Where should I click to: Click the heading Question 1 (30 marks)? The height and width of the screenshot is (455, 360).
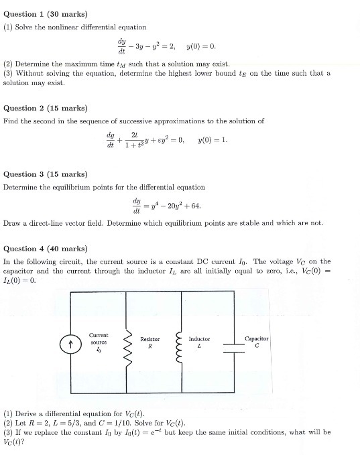[46, 13]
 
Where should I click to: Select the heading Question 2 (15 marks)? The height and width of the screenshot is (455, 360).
[46, 108]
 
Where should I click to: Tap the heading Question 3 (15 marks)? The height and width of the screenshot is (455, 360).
[46, 174]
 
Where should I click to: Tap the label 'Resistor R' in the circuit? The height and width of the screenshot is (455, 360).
[149, 343]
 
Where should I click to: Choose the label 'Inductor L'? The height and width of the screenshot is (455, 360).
[200, 342]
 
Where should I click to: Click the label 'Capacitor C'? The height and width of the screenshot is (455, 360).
[257, 342]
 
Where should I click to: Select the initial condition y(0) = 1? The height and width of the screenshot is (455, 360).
[213, 140]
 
